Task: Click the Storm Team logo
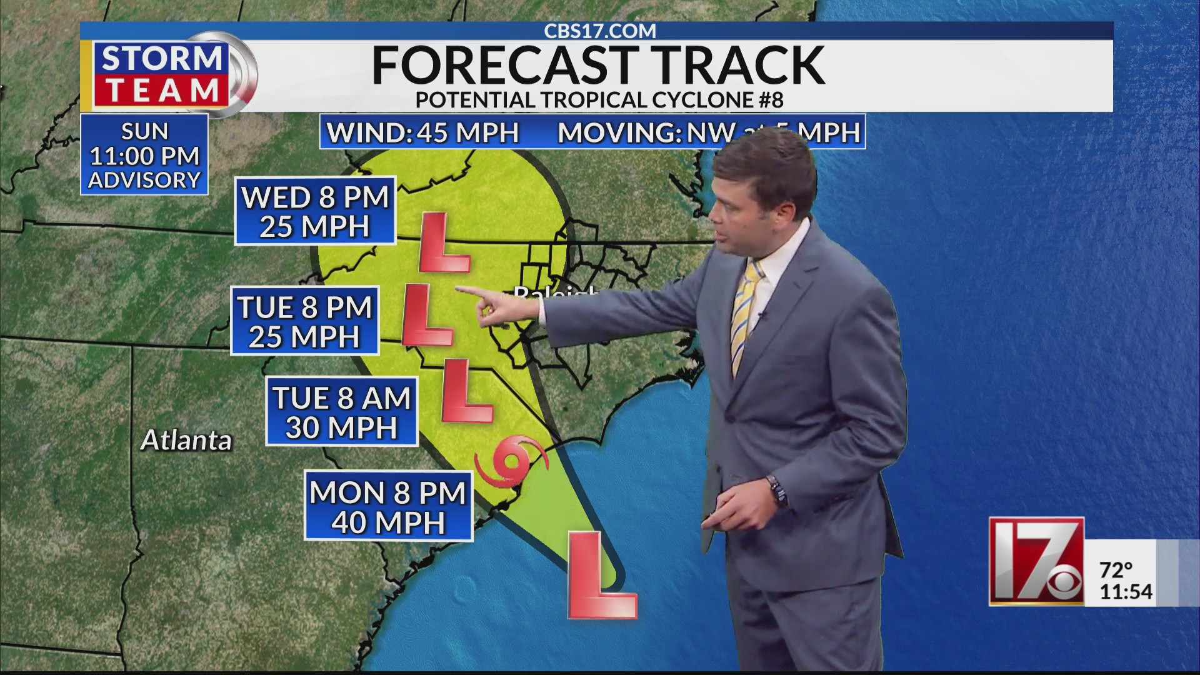(x=161, y=75)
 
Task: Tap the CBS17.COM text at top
(x=599, y=31)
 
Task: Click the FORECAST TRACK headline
(x=598, y=65)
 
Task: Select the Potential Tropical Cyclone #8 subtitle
(x=599, y=100)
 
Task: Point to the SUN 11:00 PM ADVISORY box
(x=144, y=155)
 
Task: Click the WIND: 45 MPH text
(x=423, y=132)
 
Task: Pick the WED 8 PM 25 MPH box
(x=316, y=212)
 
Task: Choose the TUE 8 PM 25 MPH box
(x=305, y=321)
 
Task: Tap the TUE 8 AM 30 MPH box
(x=342, y=412)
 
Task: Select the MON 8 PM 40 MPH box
(x=388, y=507)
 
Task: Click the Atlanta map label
(x=186, y=441)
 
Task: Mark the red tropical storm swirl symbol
(x=511, y=463)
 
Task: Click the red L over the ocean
(x=601, y=576)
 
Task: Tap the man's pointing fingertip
(x=458, y=289)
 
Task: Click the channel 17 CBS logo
(x=1036, y=561)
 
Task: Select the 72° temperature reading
(x=1116, y=570)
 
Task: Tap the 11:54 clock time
(x=1126, y=591)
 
